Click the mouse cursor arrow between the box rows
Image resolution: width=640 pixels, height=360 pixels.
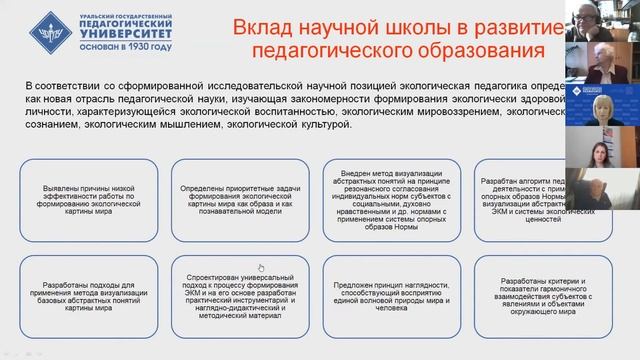point(261,267)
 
